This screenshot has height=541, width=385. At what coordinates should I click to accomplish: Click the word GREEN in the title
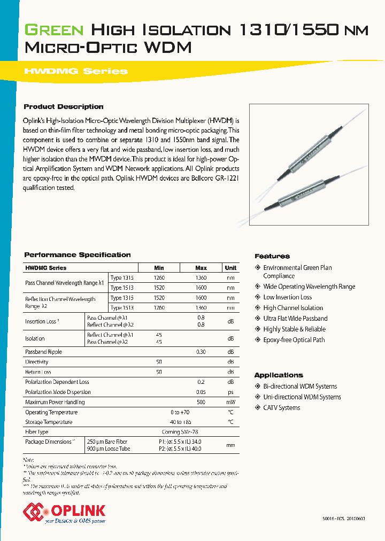click(54, 30)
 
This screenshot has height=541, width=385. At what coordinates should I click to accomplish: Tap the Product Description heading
click(64, 106)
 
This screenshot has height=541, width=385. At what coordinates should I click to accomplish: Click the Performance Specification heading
click(78, 255)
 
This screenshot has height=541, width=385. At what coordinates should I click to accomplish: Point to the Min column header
click(159, 268)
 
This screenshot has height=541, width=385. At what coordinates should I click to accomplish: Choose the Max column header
click(201, 268)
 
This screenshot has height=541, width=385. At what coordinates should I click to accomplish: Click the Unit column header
click(230, 268)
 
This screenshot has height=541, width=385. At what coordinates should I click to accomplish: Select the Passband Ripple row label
click(44, 352)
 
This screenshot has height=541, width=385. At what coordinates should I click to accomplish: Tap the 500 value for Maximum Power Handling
click(201, 402)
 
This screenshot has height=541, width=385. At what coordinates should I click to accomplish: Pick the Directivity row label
click(37, 362)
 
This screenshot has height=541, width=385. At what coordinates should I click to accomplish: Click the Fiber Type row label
click(37, 431)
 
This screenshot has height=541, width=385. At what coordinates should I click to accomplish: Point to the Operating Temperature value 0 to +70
click(180, 412)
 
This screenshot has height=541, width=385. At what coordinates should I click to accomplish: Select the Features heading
click(272, 256)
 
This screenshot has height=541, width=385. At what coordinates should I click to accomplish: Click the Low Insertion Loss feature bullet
click(287, 297)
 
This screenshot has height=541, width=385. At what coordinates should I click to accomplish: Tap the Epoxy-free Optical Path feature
click(294, 340)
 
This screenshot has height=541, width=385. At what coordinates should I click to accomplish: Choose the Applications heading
click(279, 375)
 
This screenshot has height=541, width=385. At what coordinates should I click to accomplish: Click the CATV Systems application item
click(281, 408)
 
